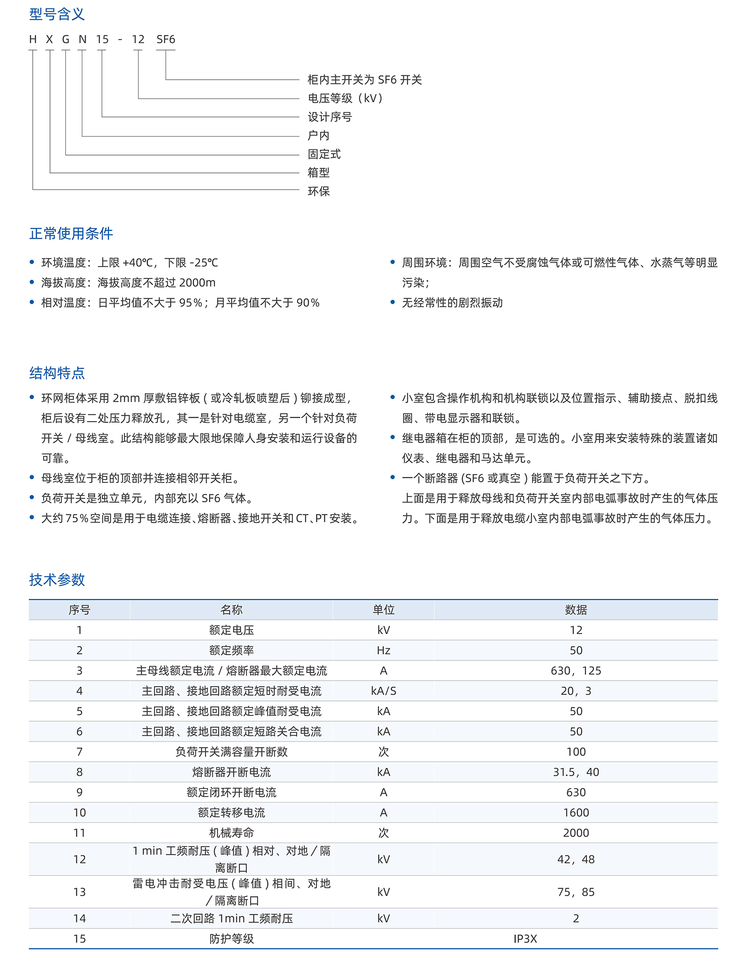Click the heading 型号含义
coord(57,14)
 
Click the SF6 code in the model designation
coord(165,40)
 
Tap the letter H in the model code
coord(33,40)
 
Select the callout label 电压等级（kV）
coord(345,98)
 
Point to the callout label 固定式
coord(324,154)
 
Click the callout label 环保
coord(318,191)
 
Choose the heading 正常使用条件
coord(71,233)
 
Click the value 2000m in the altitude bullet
coord(197,283)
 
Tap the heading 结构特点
coord(57,373)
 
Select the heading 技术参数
coord(57,580)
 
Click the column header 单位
coord(383,610)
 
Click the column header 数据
coord(576,610)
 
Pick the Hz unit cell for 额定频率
coord(383,650)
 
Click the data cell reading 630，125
coord(576,671)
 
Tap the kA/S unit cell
coord(383,691)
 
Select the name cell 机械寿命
coord(231,833)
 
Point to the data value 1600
coord(576,812)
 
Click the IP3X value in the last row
coord(525,939)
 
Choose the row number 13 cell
coord(79,892)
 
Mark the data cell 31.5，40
coord(576,772)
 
